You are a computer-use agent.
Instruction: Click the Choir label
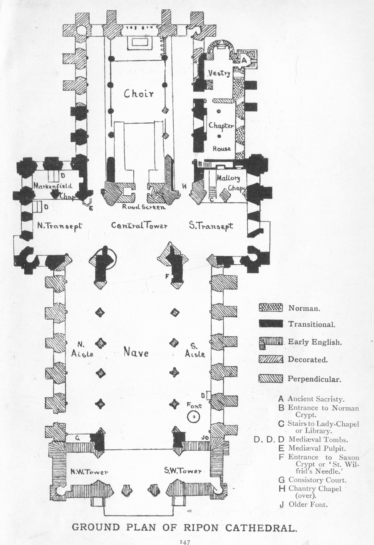(139, 94)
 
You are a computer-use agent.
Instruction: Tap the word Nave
(136, 352)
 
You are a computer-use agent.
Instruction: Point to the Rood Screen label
(144, 207)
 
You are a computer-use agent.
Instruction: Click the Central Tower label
(139, 226)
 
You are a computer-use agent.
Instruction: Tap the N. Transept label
(59, 226)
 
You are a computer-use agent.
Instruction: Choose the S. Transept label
(211, 226)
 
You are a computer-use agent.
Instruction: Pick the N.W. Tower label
(89, 471)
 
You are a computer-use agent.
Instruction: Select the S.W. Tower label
(183, 471)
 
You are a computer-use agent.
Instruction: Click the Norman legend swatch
(270, 307)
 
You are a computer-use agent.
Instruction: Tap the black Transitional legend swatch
(270, 324)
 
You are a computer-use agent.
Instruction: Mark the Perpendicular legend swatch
(270, 379)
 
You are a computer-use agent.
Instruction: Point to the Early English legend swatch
(270, 342)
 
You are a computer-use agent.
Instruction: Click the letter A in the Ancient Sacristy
(244, 60)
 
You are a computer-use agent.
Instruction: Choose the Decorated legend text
(308, 360)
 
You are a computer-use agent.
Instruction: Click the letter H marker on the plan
(184, 186)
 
